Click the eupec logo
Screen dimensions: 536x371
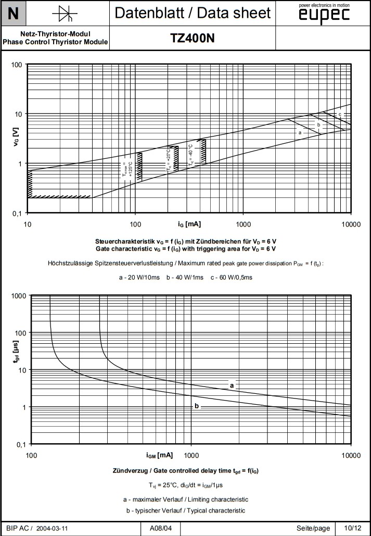tap(324, 15)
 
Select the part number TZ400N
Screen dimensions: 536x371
tap(193, 38)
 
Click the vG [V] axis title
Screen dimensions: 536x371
tap(16, 138)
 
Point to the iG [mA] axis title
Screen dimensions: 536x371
tap(189, 224)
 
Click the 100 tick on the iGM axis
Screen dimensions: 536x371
tap(31, 455)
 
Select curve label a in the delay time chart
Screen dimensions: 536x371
tap(232, 385)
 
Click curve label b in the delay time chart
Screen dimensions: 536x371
tap(197, 406)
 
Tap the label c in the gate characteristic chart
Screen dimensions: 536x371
tap(340, 115)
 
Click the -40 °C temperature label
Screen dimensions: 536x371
tap(191, 155)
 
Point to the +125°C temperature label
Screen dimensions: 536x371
tap(127, 170)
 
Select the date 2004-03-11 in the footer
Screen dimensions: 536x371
tap(53, 528)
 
